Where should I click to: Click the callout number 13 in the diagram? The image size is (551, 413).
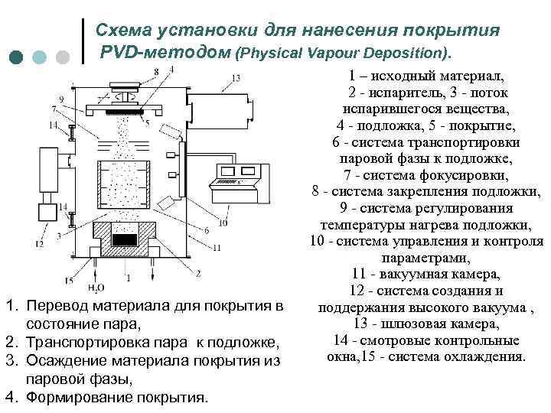236,78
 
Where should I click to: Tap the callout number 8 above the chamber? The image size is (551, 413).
156,71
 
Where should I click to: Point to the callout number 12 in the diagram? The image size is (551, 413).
38,244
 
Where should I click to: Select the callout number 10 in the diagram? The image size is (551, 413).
223,223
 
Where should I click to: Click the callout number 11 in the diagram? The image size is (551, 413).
217,248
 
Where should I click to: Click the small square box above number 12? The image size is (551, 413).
44,210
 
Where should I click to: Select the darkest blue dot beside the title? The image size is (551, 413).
17,57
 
